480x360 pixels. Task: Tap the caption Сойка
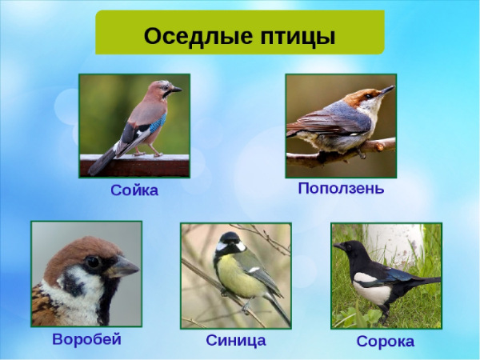click(134, 190)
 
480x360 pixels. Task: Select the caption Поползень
click(341, 189)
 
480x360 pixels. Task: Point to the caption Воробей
click(86, 339)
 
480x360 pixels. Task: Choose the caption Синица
click(236, 340)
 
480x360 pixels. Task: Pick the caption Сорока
click(386, 342)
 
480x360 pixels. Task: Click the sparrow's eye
click(93, 262)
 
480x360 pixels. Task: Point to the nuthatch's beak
click(386, 90)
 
